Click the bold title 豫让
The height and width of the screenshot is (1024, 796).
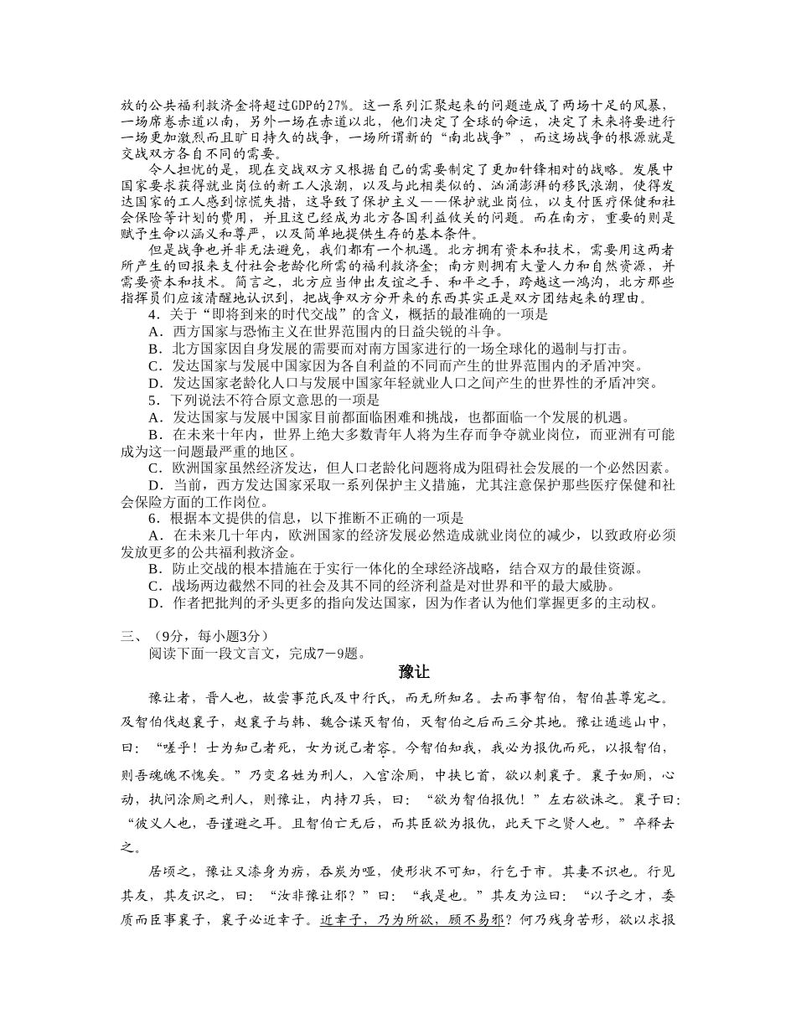[x=414, y=673]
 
